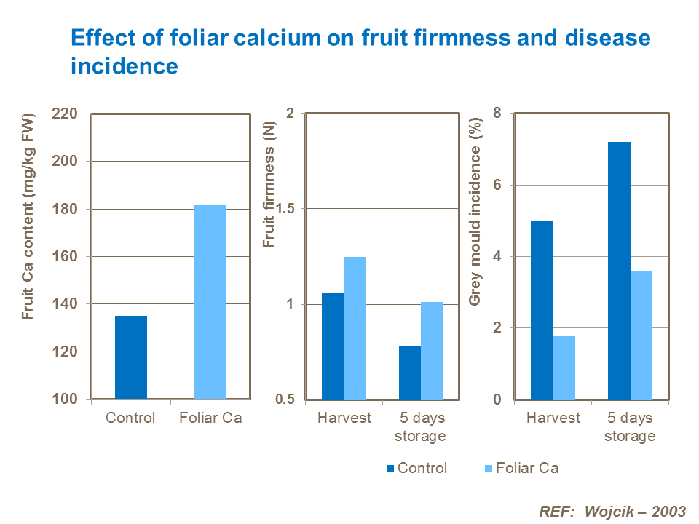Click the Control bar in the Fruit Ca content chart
(131, 357)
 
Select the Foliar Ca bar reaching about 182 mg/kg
(210, 302)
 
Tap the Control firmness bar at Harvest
(333, 346)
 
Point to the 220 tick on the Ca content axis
(66, 114)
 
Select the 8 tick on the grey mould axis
(497, 114)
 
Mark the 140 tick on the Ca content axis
(66, 304)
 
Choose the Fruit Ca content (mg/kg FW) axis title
(29, 218)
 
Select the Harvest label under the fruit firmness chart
(344, 418)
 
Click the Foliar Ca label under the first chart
(210, 418)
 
